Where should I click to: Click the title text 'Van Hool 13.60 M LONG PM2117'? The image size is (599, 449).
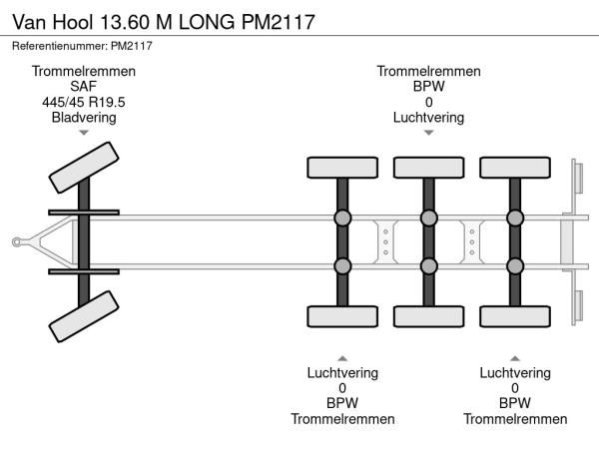point(163,21)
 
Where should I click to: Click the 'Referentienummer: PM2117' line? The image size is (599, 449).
point(83,46)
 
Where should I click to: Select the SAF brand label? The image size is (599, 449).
point(84,87)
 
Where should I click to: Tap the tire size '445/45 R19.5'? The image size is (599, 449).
point(84,102)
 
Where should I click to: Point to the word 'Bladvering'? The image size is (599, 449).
point(84,117)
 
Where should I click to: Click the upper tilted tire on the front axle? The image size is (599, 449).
point(83,167)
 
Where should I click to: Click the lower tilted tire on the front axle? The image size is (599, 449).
point(84,318)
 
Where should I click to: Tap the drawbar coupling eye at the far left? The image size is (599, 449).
point(17,241)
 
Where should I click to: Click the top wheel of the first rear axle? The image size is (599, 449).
point(342,168)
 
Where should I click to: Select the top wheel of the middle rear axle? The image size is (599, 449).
point(428,168)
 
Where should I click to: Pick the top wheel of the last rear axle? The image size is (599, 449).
point(514,168)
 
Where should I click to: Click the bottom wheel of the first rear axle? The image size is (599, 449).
point(342,317)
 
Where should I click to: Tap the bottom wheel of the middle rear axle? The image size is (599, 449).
point(428,317)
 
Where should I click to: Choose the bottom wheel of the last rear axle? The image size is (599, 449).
point(514,317)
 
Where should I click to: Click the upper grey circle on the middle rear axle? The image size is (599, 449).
point(428,219)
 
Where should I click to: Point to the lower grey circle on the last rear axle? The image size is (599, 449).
point(514,265)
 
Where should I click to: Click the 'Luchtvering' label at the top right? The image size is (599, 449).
point(428,117)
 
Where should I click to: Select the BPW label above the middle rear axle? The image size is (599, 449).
point(428,87)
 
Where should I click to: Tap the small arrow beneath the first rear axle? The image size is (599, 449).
point(342,357)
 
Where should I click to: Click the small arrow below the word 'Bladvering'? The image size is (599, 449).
point(84,132)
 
